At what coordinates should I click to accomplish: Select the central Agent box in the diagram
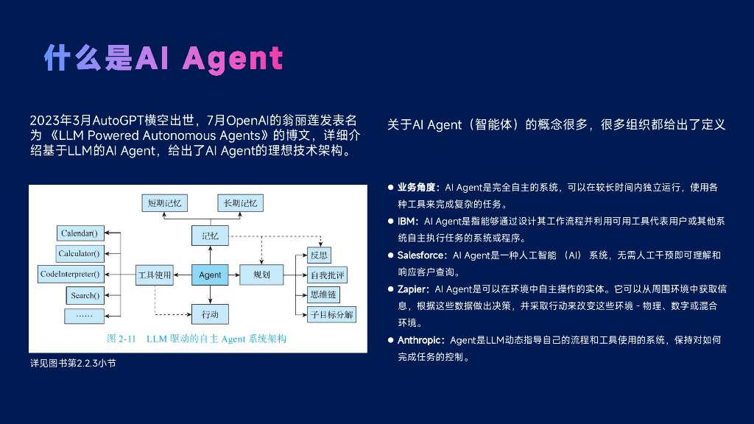210,275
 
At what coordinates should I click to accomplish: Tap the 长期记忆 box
240,203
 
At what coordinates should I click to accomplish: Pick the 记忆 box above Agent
210,236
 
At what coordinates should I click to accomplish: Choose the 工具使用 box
155,275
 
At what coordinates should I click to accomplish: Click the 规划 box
261,275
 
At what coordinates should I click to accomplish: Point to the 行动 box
210,314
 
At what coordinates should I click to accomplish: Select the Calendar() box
80,233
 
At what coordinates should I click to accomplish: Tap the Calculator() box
80,254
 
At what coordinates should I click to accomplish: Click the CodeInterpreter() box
71,275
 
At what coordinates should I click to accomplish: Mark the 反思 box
319,255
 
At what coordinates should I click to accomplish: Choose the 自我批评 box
328,275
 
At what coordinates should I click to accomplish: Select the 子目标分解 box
331,315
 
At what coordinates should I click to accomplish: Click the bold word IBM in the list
407,222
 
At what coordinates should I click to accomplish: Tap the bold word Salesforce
421,255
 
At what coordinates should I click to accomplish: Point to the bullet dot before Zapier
391,289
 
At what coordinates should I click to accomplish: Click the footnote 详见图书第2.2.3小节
72,364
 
